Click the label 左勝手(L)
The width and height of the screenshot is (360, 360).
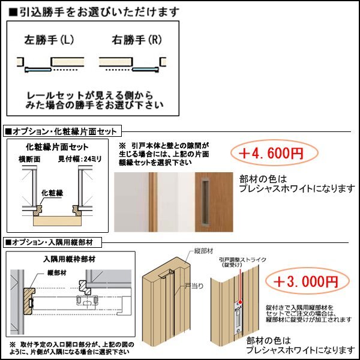tap(49, 41)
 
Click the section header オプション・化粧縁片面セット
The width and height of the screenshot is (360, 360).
tap(63, 130)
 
